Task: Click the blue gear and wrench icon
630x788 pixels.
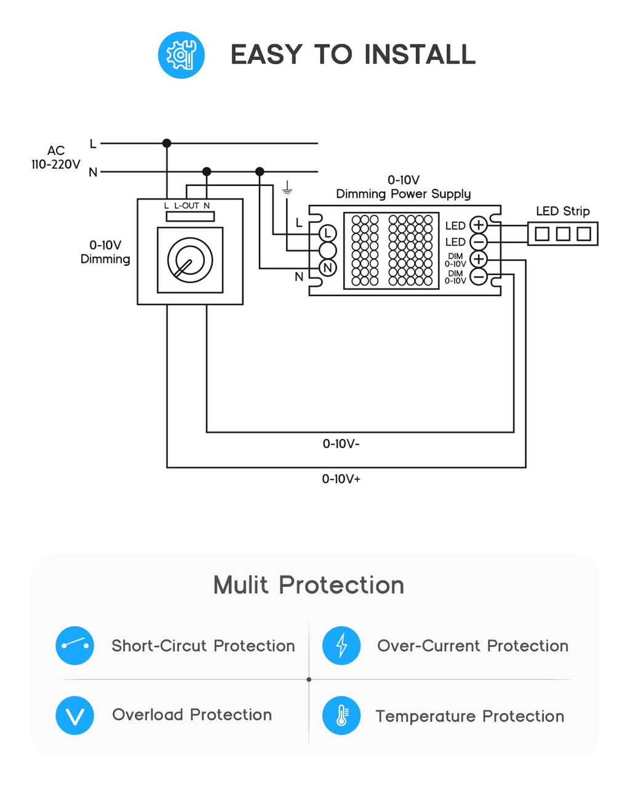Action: coord(181,55)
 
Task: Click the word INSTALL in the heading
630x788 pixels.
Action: coord(420,55)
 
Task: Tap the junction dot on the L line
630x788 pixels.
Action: coord(167,143)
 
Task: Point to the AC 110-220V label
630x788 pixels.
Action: coord(56,158)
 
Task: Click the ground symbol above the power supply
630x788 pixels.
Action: coord(287,188)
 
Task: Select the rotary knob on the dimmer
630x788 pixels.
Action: coord(189,260)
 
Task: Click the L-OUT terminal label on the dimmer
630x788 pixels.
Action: coord(186,206)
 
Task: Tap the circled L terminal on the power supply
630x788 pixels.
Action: coord(328,233)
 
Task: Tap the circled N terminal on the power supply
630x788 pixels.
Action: coord(328,268)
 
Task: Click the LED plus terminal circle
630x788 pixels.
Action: coord(478,225)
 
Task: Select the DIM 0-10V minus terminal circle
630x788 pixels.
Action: coord(478,276)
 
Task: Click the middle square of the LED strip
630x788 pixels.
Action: coord(563,233)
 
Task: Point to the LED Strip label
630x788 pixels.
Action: coord(563,211)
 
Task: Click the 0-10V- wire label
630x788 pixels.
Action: coord(341,444)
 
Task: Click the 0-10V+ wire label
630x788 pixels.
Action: coord(341,479)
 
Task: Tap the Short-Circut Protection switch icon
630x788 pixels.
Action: coord(74,646)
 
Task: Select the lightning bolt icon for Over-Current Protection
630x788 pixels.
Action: coord(341,646)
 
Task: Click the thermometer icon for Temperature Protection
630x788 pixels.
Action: coord(341,715)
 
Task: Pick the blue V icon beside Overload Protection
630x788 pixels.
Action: coord(74,715)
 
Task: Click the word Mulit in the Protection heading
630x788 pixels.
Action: coord(241,585)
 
